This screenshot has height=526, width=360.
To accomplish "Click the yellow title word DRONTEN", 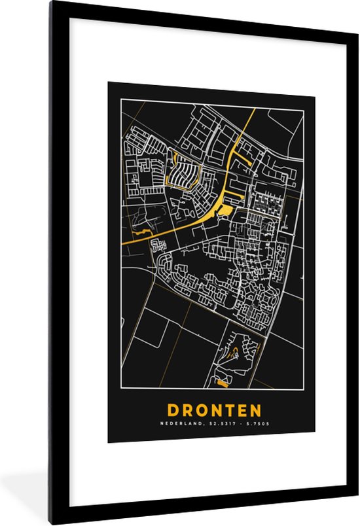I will tap(214, 410).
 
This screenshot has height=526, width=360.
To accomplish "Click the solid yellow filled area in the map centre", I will tap(224, 209).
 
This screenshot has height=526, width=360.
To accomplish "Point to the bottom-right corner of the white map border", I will tap(303, 391).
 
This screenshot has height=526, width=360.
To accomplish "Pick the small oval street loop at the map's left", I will tap(157, 246).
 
